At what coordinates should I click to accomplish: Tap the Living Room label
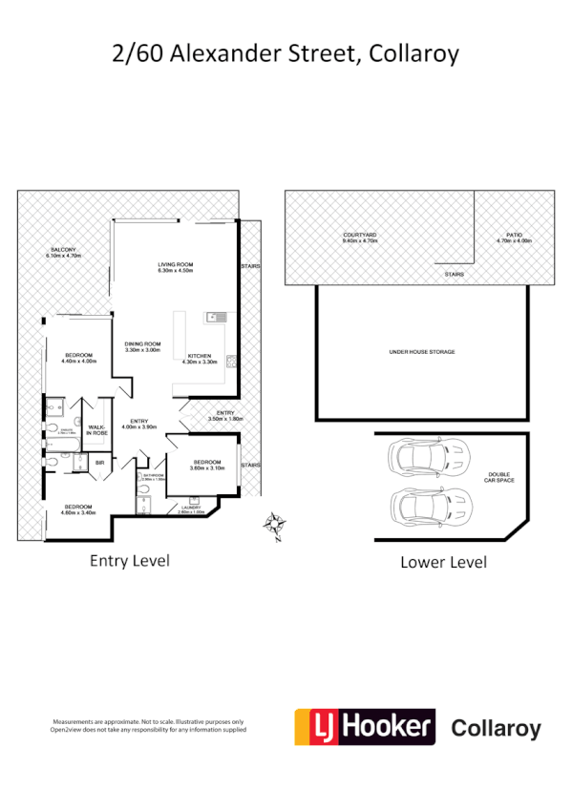(x=176, y=267)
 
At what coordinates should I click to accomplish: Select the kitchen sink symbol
(x=215, y=315)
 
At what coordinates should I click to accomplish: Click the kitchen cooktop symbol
(x=231, y=361)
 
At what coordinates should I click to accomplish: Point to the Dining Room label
(x=142, y=346)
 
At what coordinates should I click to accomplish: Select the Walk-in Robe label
(x=96, y=431)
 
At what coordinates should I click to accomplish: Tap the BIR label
(x=99, y=464)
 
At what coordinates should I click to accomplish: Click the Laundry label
(x=191, y=510)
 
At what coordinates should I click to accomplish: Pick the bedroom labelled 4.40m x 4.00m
(x=79, y=358)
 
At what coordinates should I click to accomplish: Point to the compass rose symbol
(x=274, y=524)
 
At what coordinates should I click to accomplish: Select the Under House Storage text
(x=421, y=352)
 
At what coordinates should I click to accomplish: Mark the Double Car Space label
(x=499, y=477)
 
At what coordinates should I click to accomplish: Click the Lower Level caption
(x=442, y=562)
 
